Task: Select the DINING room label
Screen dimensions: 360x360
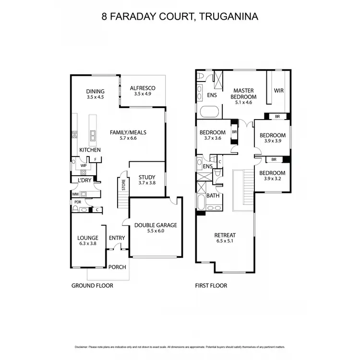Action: tap(95, 91)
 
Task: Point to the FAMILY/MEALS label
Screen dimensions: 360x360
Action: tap(128, 133)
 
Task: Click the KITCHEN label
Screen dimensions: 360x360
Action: tap(90, 150)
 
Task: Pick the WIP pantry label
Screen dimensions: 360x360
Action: tap(83, 166)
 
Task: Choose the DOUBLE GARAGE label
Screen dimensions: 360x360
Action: tap(156, 225)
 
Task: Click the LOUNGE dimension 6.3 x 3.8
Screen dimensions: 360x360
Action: tap(88, 243)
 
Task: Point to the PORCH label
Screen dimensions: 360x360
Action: tap(117, 267)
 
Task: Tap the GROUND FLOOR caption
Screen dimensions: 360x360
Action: tap(92, 286)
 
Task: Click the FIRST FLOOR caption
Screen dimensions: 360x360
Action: tap(211, 286)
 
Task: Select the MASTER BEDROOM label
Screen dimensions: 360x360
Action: tap(243, 93)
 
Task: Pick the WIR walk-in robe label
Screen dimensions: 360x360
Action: tap(278, 90)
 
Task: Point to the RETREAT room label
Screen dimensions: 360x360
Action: tap(225, 235)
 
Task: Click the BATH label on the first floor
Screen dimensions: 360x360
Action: tap(213, 196)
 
